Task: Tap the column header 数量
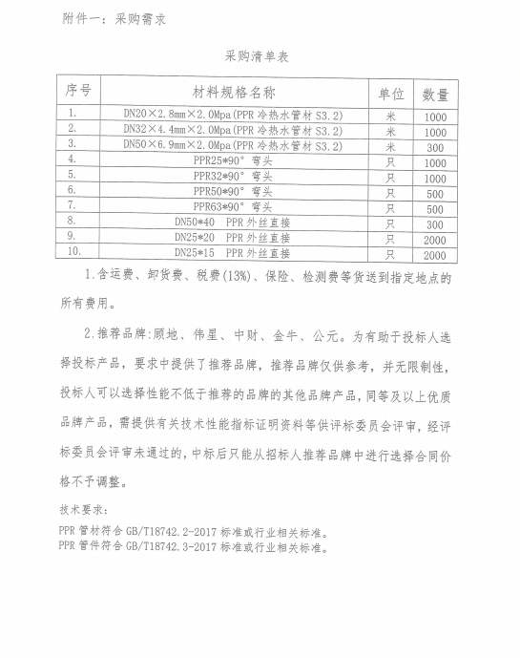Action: point(435,95)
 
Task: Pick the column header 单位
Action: point(391,94)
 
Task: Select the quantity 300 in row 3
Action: point(435,148)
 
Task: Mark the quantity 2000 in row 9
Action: point(434,240)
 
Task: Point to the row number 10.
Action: point(75,252)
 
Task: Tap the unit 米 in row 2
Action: point(389,132)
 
